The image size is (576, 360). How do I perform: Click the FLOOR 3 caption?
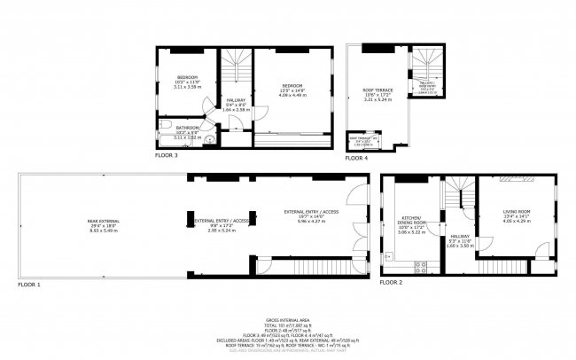point(167,155)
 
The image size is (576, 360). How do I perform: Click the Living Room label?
point(515,213)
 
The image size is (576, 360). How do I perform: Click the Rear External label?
point(105,224)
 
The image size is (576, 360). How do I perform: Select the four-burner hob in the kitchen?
point(421,265)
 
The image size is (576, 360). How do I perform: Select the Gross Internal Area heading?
point(288,319)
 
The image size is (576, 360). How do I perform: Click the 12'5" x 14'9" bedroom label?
point(292,89)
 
